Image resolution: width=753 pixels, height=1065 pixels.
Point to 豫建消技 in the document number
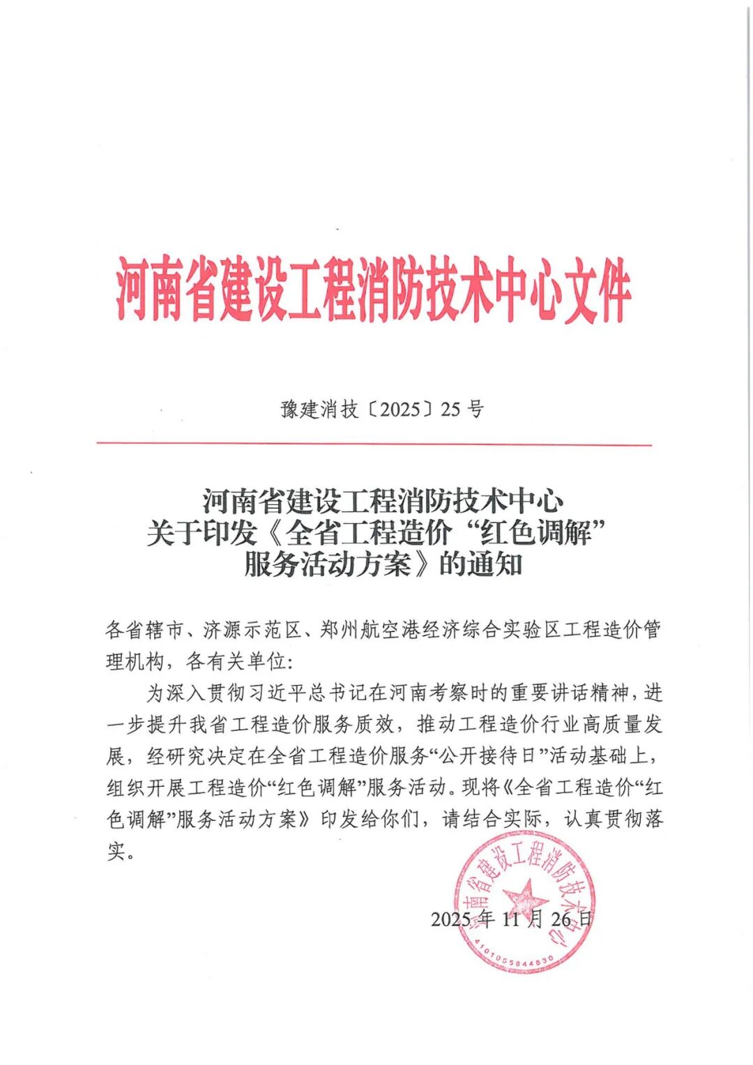tap(319, 409)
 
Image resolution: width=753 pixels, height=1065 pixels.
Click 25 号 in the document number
tap(462, 409)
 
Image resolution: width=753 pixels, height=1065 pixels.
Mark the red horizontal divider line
tap(374, 444)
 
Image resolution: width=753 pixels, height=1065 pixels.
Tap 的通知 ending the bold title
tap(480, 565)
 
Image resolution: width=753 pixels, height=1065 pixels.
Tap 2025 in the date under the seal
tap(450, 919)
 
